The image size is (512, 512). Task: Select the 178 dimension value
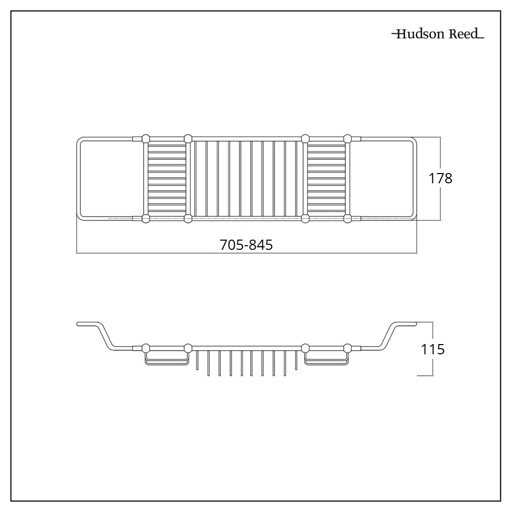[x=440, y=179]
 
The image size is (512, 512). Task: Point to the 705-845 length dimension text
[x=246, y=245]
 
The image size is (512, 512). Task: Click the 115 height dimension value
[x=433, y=350]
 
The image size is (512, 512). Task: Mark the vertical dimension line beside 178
[x=440, y=154]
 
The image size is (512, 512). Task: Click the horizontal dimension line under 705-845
[x=153, y=253]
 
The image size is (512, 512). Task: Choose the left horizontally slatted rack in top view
[x=167, y=179]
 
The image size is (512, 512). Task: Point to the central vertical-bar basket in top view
[x=246, y=179]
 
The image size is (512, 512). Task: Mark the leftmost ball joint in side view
[x=146, y=348]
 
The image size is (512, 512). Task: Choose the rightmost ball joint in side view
[x=348, y=348]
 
